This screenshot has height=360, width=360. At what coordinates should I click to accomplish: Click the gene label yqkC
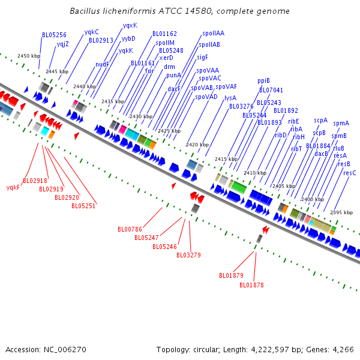91,32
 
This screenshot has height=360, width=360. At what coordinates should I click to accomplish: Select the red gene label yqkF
13,187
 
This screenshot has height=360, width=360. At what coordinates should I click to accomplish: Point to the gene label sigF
202,57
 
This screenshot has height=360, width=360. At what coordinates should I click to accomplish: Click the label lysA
230,97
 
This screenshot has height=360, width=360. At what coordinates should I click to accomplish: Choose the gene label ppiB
263,80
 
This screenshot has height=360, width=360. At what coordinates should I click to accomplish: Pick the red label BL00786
130,229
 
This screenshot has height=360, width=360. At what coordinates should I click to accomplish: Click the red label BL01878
251,285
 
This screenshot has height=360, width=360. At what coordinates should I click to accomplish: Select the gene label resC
349,173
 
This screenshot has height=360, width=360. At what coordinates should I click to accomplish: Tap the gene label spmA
341,123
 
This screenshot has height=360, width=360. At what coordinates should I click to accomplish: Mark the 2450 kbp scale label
28,56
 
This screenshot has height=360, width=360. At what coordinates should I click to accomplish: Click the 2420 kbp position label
197,145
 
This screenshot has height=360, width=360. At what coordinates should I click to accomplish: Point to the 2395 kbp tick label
341,212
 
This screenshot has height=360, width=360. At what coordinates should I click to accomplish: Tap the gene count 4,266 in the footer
343,349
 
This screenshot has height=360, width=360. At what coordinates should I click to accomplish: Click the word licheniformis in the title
121,11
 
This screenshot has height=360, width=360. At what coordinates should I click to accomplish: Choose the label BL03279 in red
188,255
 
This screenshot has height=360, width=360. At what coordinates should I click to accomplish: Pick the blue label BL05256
54,35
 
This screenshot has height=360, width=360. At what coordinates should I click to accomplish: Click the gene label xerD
166,58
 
